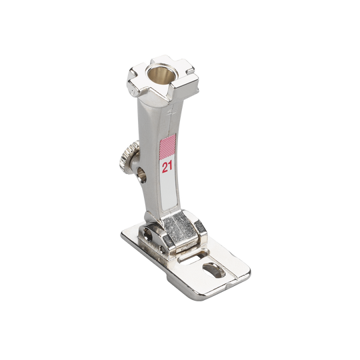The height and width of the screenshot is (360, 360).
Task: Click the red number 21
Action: [167, 167]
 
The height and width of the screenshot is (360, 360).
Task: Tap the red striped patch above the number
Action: [167, 147]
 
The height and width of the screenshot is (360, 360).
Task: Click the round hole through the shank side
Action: [142, 175]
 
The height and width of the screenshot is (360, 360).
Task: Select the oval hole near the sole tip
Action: [214, 270]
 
